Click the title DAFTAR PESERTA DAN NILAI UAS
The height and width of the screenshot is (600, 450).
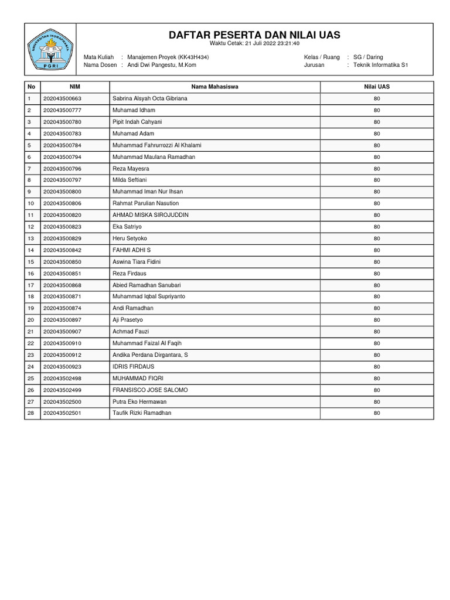254,35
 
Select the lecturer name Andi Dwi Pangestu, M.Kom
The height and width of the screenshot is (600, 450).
162,65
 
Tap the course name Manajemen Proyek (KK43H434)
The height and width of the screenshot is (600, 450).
168,57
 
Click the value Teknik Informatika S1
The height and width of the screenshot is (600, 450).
381,65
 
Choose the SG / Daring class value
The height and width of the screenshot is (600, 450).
369,57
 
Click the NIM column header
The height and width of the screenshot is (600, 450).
75,87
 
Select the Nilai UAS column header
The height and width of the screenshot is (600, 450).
377,87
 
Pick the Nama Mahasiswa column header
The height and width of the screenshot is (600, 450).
214,87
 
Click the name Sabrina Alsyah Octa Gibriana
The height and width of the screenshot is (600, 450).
150,98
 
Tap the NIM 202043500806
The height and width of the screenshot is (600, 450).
62,203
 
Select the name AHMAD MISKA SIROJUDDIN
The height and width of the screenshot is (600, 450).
151,215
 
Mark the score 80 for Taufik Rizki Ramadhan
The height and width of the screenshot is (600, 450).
377,413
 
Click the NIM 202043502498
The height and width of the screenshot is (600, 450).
62,378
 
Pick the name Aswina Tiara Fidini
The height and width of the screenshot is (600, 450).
137,261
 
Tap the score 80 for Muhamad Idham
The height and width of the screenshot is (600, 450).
377,110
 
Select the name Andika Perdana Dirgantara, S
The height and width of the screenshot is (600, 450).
151,355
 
